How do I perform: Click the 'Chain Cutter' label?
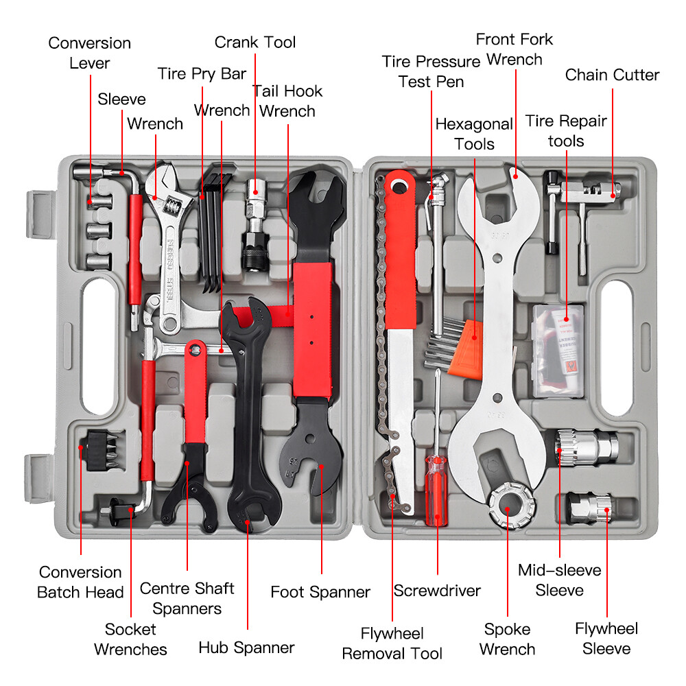pyautogui.click(x=612, y=75)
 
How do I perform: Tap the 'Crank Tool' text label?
pyautogui.click(x=255, y=43)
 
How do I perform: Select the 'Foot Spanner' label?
pyautogui.click(x=320, y=592)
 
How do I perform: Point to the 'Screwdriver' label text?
pyautogui.click(x=437, y=591)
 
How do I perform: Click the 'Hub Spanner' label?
pyautogui.click(x=246, y=648)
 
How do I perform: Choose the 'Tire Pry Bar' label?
pyautogui.click(x=202, y=74)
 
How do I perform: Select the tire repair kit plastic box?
pyautogui.click(x=558, y=351)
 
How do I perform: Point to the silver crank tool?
pyautogui.click(x=255, y=224)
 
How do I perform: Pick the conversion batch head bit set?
pyautogui.click(x=102, y=451)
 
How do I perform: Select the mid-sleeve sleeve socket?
pyautogui.click(x=587, y=447)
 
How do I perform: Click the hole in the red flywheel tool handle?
pyautogui.click(x=399, y=187)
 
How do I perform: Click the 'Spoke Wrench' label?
pyautogui.click(x=507, y=639)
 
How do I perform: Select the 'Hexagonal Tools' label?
pyautogui.click(x=474, y=134)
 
